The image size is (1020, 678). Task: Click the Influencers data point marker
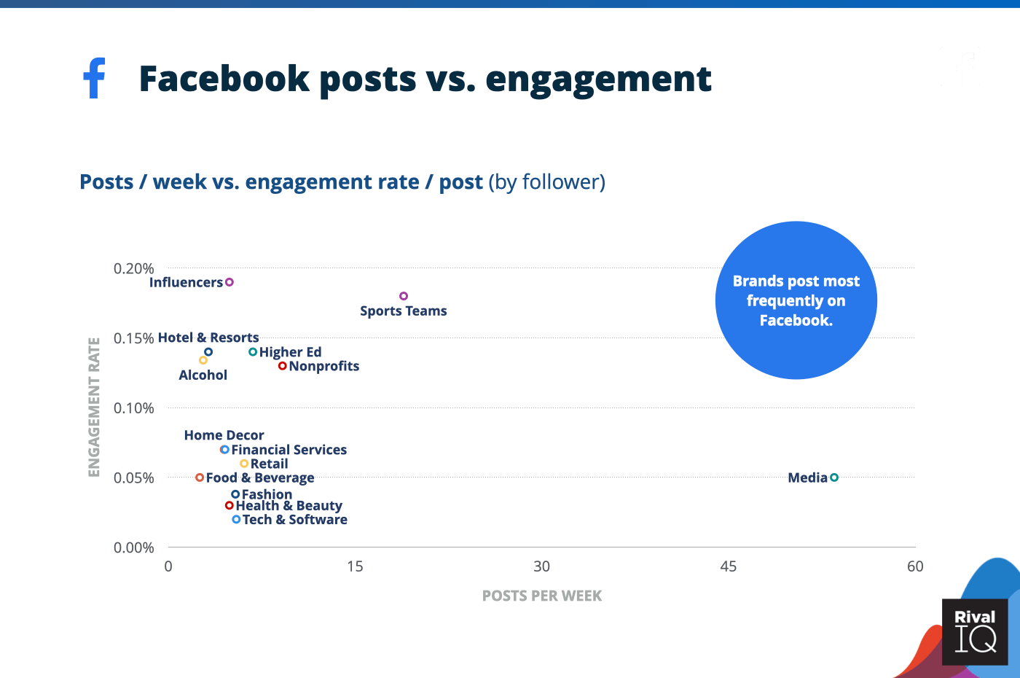tap(229, 282)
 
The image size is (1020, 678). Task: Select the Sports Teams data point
tap(404, 296)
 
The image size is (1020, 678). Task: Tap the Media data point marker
tap(834, 478)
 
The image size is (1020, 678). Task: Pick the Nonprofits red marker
tap(282, 366)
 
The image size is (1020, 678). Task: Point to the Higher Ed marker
tap(253, 352)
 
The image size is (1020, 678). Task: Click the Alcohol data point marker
tap(203, 360)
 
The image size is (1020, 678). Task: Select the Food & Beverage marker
tap(200, 478)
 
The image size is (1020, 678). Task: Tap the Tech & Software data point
tap(236, 520)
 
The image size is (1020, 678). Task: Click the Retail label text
tap(270, 464)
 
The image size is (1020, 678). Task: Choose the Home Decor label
tap(224, 435)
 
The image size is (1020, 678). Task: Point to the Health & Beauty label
tap(289, 506)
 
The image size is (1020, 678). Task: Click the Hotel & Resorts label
tap(208, 338)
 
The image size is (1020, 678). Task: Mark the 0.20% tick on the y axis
tap(133, 269)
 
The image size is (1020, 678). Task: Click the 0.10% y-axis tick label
tap(133, 408)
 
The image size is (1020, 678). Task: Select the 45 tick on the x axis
tap(729, 566)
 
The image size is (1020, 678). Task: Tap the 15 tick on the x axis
tap(355, 566)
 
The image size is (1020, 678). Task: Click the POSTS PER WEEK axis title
tap(542, 596)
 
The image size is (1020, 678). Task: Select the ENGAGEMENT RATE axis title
tap(94, 407)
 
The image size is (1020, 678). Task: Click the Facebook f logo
tap(95, 78)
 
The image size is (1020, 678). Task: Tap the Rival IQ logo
tap(975, 631)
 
